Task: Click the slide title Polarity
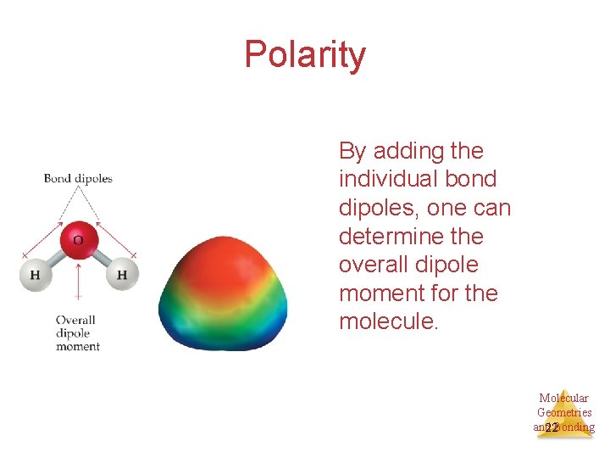coord(305,55)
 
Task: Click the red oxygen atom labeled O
coord(78,239)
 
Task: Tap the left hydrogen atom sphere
coord(36,274)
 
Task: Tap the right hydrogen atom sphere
coord(122,274)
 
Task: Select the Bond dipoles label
coord(78,178)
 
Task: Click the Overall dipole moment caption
coord(77,333)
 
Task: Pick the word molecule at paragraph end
coord(385,322)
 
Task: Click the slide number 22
coord(552,428)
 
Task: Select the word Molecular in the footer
coord(563,398)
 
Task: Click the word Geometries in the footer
coord(564,412)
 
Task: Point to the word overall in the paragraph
coord(369,265)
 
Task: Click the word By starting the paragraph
coord(352,151)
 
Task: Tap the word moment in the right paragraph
coord(378,293)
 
